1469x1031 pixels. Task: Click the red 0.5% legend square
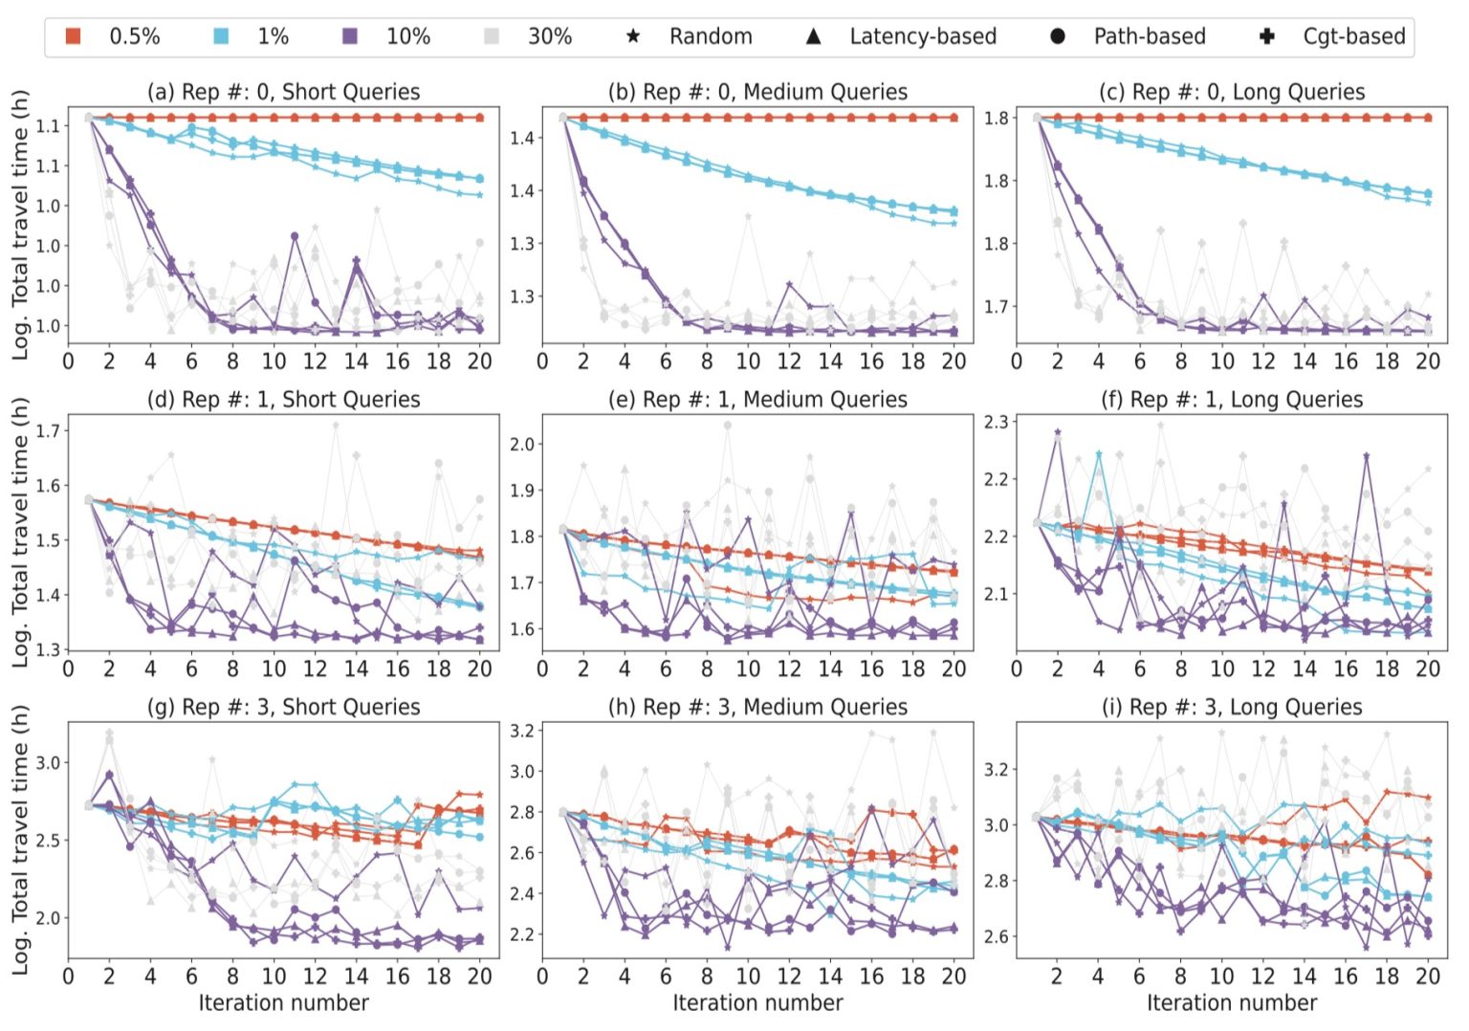[73, 36]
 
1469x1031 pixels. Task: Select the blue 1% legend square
[221, 36]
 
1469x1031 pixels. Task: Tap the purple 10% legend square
[350, 36]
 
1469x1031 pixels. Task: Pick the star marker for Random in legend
[633, 36]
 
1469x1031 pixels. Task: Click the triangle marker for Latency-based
[813, 36]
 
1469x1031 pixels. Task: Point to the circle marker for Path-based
[1058, 36]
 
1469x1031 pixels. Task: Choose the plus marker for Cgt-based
[1267, 36]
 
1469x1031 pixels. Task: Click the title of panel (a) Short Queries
[283, 92]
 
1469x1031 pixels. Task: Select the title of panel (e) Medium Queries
[757, 399]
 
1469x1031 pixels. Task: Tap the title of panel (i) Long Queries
[1232, 707]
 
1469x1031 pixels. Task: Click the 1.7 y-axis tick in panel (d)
[48, 430]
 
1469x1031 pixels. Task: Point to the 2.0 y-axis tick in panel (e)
[521, 444]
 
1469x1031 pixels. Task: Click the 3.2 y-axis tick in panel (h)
[521, 731]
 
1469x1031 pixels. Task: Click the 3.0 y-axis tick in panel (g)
[48, 762]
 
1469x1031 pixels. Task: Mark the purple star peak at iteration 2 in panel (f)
[1058, 432]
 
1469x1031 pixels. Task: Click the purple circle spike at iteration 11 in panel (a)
[295, 235]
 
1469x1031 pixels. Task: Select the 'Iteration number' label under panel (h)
[757, 1002]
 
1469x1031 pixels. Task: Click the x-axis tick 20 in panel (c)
[1427, 362]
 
